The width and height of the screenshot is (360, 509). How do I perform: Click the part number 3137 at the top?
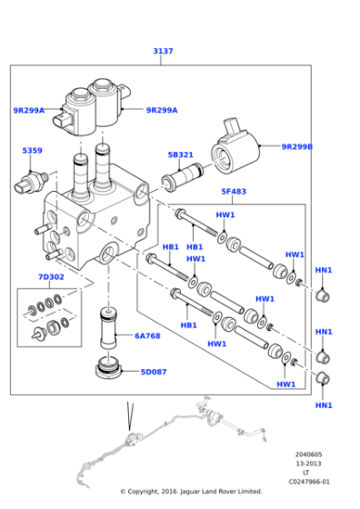(x=163, y=52)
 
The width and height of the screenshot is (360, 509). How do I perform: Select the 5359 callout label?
(x=32, y=150)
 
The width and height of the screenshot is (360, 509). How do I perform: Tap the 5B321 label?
(x=181, y=155)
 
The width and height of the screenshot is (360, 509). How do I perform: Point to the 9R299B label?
(x=296, y=146)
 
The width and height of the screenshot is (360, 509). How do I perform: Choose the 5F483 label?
(x=234, y=192)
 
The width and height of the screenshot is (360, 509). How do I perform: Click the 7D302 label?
(x=51, y=276)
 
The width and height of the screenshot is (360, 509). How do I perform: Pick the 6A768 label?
(x=147, y=335)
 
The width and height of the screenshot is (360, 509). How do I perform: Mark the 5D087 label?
(x=154, y=371)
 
